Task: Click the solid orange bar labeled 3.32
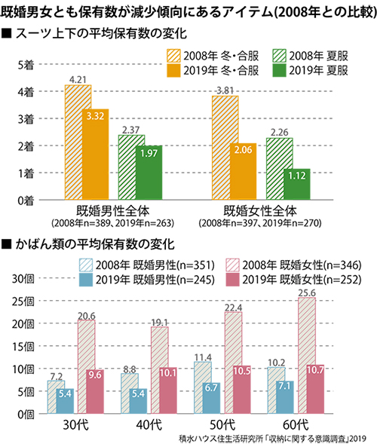pyautogui.click(x=96, y=155)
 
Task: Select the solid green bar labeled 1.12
pyautogui.click(x=297, y=185)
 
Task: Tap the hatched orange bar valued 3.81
pyautogui.click(x=225, y=148)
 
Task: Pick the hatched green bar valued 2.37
pyautogui.click(x=131, y=167)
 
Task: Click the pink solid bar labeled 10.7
pyautogui.click(x=315, y=389)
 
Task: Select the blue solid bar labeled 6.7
pyautogui.click(x=211, y=398)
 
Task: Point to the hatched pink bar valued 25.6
pyautogui.click(x=307, y=355)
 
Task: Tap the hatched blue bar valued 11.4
pyautogui.click(x=203, y=387)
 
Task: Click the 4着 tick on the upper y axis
pyautogui.click(x=26, y=92)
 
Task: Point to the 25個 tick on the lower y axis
pyautogui.click(x=23, y=302)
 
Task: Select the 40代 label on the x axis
pyautogui.click(x=149, y=425)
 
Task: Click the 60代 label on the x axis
pyautogui.click(x=296, y=425)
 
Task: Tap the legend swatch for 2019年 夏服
pyautogui.click(x=279, y=71)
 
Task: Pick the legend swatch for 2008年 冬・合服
pyautogui.click(x=173, y=56)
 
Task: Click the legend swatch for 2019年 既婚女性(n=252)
pyautogui.click(x=233, y=280)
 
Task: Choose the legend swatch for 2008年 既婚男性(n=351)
pyautogui.click(x=86, y=265)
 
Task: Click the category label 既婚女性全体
pyautogui.click(x=260, y=211)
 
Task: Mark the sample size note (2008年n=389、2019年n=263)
pyautogui.click(x=113, y=223)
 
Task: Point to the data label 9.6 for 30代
pyautogui.click(x=95, y=375)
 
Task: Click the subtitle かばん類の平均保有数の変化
pyautogui.click(x=95, y=244)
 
